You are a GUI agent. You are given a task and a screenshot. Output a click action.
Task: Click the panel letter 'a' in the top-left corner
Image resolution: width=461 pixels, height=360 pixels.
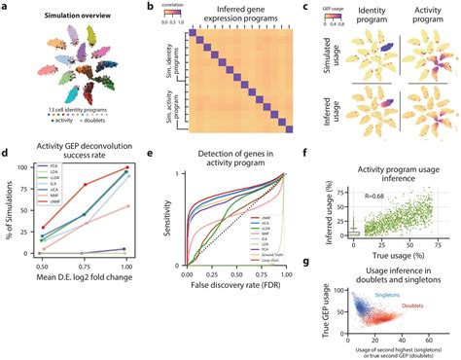[x=5, y=7]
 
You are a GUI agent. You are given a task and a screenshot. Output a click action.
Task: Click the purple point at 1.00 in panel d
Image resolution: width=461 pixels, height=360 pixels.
[x=127, y=249]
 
